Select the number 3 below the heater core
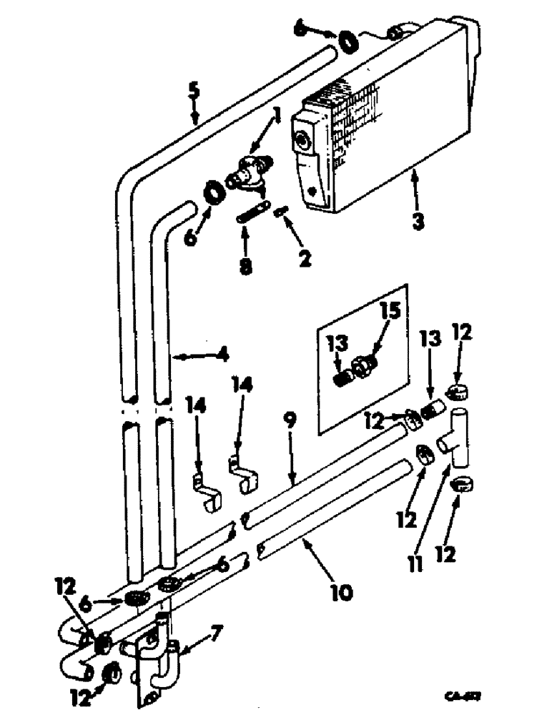pyautogui.click(x=418, y=220)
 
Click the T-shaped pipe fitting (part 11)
pyautogui.click(x=457, y=437)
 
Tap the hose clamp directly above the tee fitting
pyautogui.click(x=456, y=391)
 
